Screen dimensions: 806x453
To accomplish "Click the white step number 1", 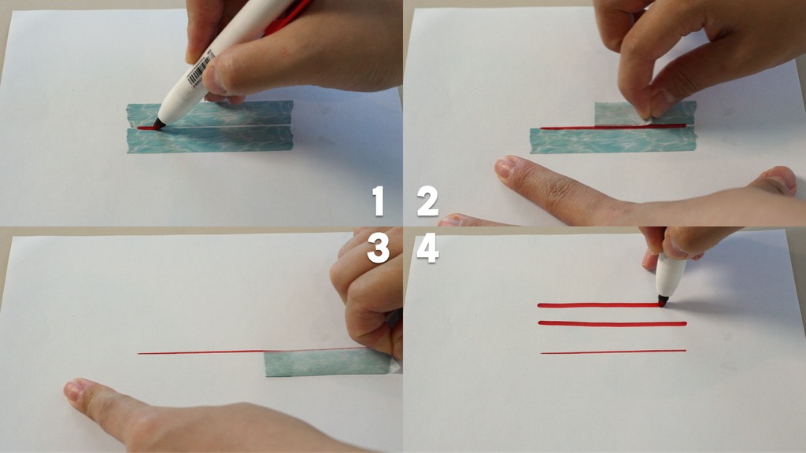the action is pos(379,201).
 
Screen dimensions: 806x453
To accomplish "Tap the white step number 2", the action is pos(427,201).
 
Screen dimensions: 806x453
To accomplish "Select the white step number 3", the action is pos(379,249).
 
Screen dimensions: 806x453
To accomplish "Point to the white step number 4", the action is pos(427,249).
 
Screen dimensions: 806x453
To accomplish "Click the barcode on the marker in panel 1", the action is pos(201,70).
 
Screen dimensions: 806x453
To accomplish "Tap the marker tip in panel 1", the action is pos(158,124).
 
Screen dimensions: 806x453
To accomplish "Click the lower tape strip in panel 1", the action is pos(210,140).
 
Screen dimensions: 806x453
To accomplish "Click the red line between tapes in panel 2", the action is pos(612,127).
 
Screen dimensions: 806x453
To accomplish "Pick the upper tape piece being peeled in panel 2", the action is pos(645,112).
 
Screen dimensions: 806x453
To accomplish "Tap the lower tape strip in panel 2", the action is pos(612,141).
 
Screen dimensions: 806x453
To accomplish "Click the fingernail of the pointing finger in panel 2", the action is pos(504,167).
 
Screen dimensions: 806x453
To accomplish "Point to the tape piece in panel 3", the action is pos(329,362).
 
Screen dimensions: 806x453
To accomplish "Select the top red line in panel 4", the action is pos(599,306).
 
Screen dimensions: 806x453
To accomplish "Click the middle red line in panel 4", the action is pos(612,323).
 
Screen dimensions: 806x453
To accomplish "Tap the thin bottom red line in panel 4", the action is pos(613,352).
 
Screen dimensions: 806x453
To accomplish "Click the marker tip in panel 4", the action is pos(663,302).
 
